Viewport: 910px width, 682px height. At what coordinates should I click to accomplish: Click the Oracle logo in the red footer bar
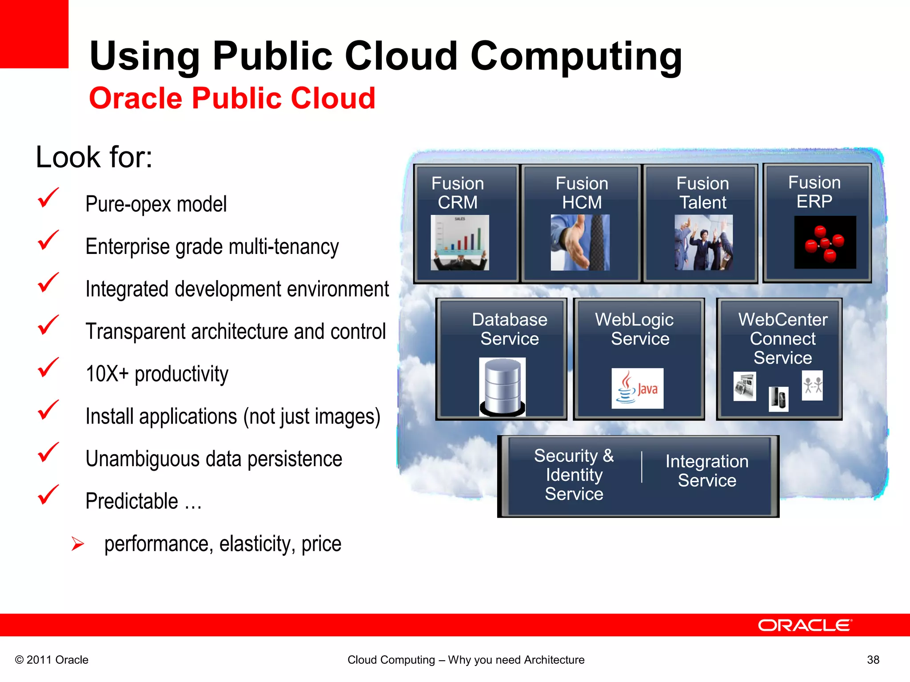(x=805, y=625)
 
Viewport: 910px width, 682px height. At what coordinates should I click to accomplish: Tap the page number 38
(x=873, y=660)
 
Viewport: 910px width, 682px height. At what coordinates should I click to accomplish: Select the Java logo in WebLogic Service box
(x=637, y=388)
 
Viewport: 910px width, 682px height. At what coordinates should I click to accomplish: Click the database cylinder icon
(x=503, y=386)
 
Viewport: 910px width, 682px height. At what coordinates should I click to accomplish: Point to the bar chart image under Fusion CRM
(x=460, y=243)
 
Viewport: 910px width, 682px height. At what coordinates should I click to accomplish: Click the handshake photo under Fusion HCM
(x=580, y=243)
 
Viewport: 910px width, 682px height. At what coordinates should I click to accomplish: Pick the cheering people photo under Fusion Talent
(x=703, y=243)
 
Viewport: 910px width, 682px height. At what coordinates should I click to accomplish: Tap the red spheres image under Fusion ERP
(x=825, y=242)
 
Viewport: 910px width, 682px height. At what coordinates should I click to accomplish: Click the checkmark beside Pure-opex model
(x=48, y=198)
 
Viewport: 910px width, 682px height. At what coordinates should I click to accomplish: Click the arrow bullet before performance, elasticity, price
(x=78, y=543)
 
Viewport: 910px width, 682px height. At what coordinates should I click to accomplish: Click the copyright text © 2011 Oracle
(x=52, y=660)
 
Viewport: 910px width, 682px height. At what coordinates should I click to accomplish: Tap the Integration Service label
(x=707, y=471)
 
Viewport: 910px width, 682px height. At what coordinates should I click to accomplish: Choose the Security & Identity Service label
(x=574, y=475)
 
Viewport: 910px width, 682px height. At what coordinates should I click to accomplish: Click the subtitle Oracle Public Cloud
(x=232, y=98)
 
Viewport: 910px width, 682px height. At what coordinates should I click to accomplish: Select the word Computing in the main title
(x=576, y=56)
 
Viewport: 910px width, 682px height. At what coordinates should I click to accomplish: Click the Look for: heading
(x=94, y=157)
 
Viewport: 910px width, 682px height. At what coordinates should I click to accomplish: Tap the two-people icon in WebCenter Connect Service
(x=812, y=385)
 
